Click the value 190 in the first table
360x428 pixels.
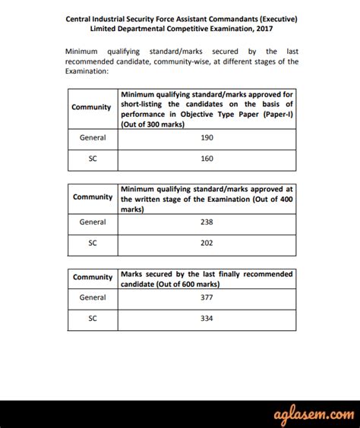(207, 138)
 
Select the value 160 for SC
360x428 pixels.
(207, 160)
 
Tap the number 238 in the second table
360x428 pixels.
(207, 222)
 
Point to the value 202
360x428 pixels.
(207, 244)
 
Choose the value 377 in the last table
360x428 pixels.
(207, 297)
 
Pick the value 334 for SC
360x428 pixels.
(207, 319)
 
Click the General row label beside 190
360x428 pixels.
(93, 138)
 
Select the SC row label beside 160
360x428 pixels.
(93, 160)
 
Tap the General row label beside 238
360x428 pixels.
(93, 222)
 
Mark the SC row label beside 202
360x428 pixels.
(93, 244)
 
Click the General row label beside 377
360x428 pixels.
(93, 297)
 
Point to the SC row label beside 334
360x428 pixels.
(93, 319)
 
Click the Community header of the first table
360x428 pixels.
(92, 107)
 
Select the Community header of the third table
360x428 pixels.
(93, 278)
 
